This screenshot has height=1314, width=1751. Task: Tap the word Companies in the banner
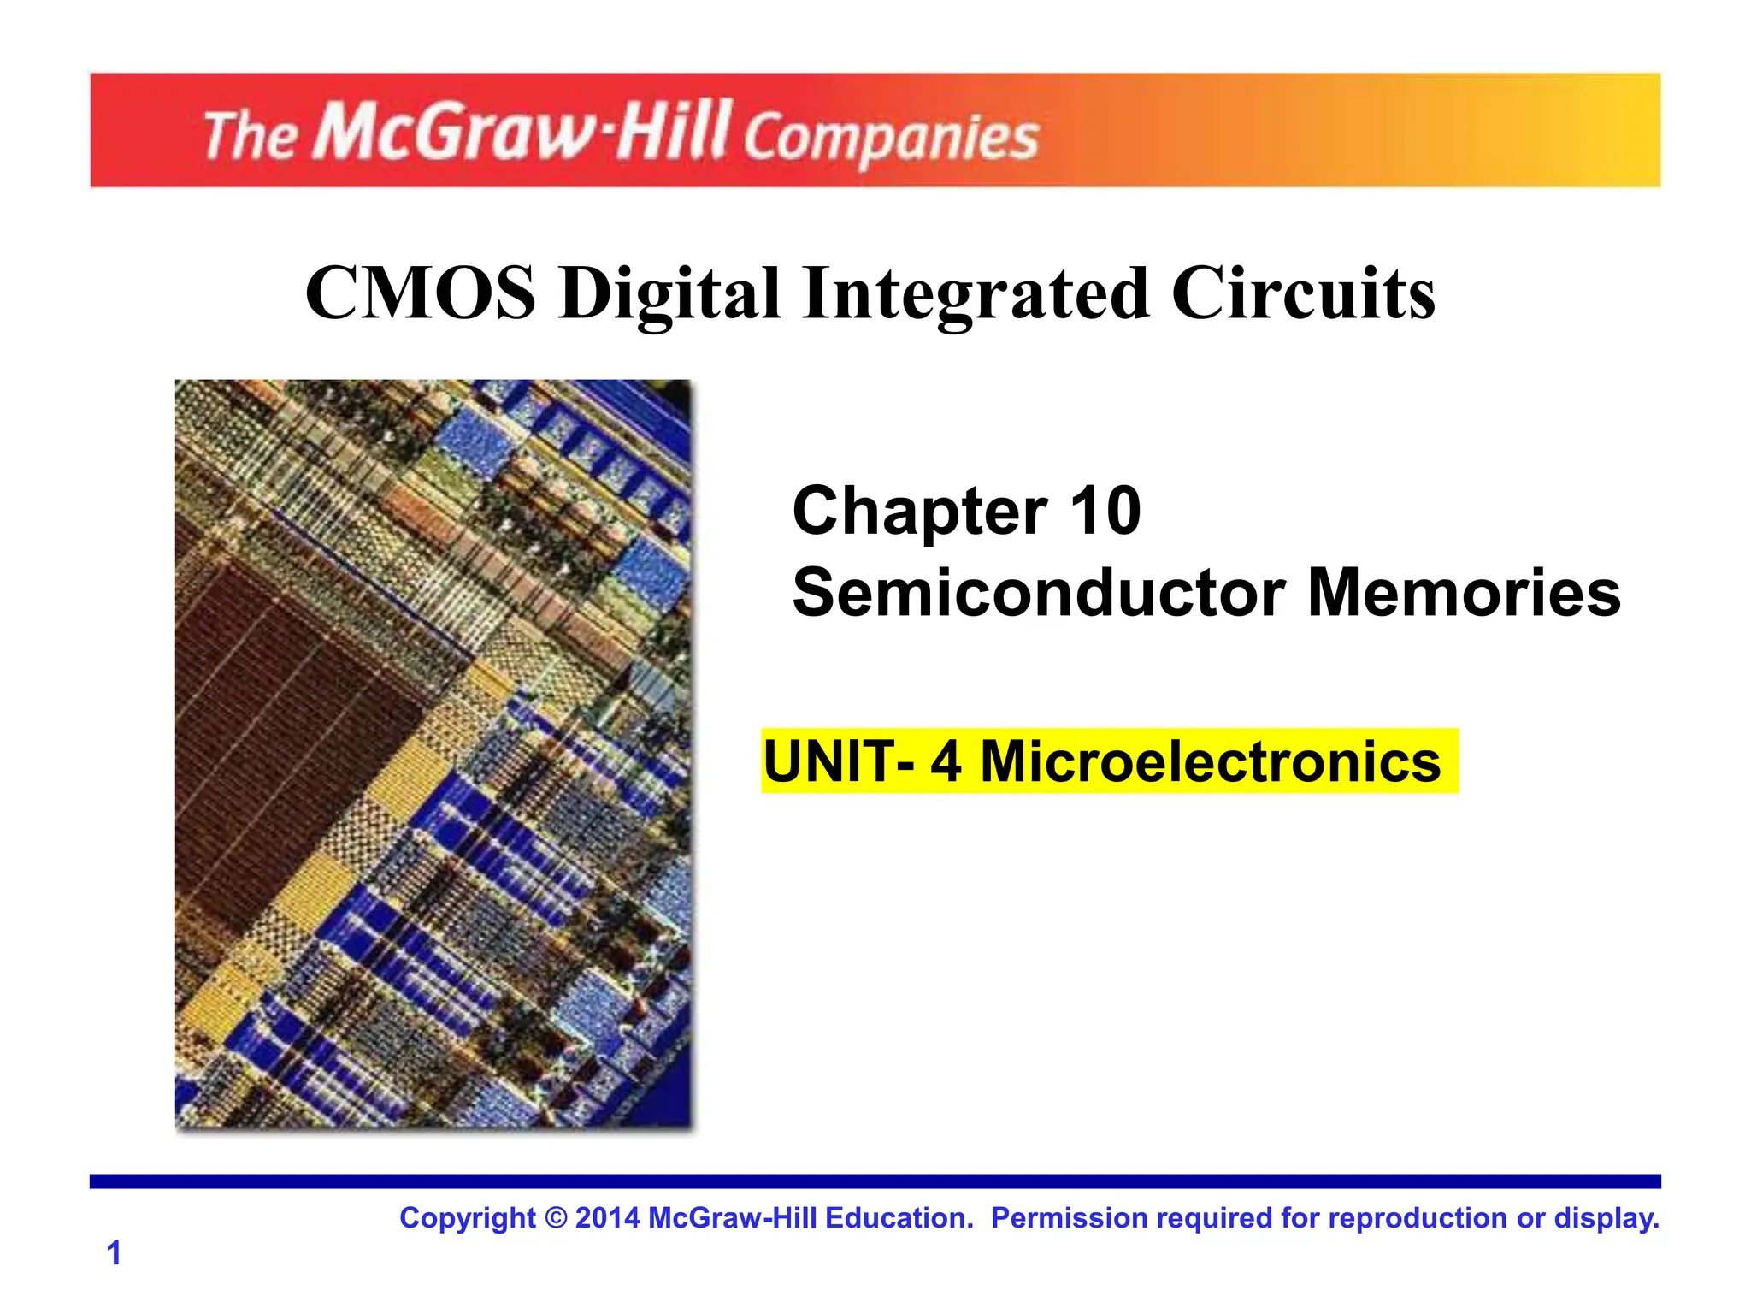[890, 139]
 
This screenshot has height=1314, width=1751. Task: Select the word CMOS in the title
[421, 293]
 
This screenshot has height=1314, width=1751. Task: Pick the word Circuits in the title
[1304, 293]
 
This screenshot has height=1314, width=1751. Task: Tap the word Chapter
[920, 512]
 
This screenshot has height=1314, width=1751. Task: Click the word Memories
[1464, 593]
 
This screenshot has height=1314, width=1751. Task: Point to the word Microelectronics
[1210, 761]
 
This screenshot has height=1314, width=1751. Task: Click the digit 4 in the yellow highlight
[946, 761]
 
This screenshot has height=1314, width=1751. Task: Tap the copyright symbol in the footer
[555, 1218]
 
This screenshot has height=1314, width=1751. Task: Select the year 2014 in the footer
[607, 1218]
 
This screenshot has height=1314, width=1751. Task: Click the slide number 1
[114, 1253]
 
